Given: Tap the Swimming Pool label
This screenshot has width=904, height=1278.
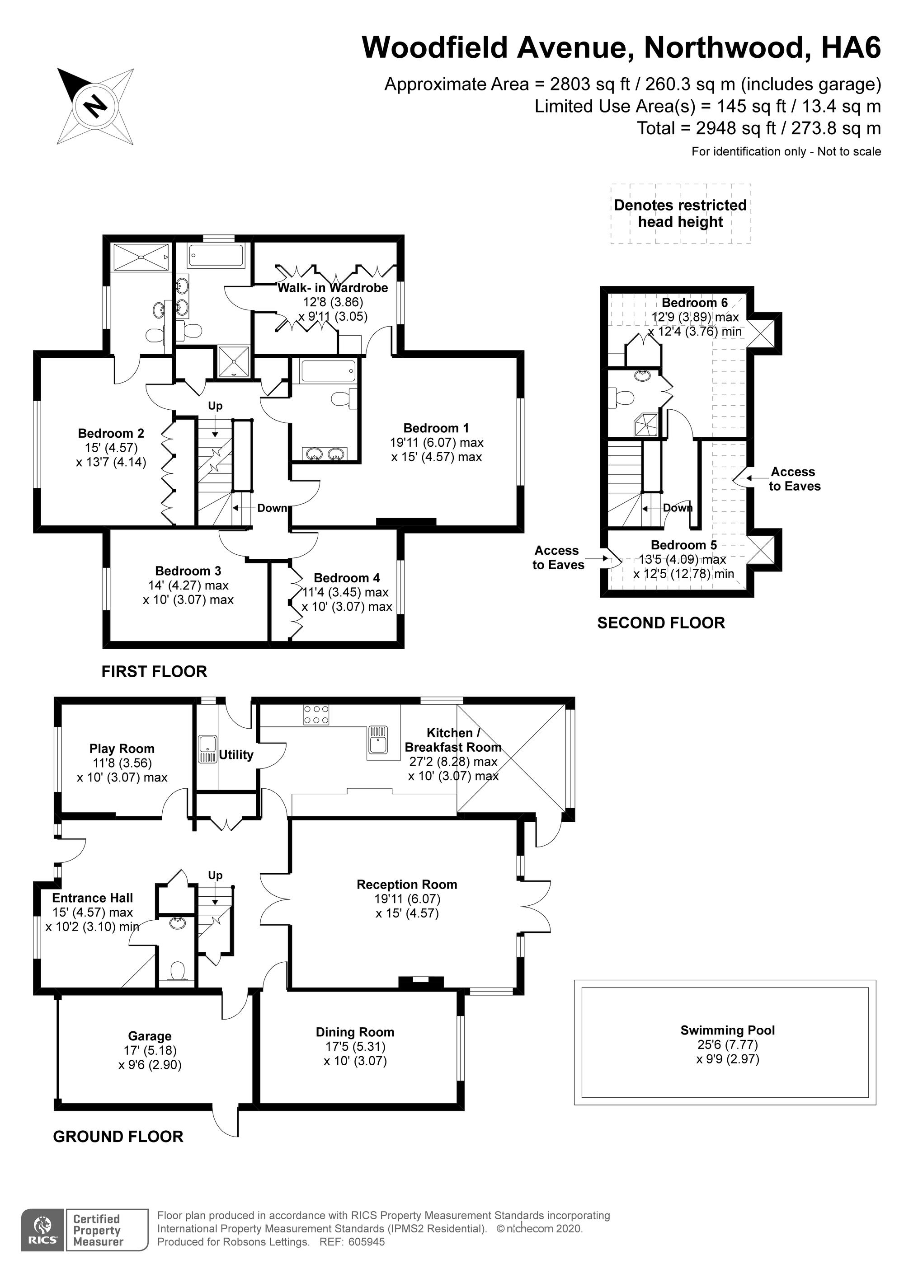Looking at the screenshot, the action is point(727,1030).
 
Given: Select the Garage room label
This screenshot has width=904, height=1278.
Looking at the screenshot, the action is point(150,1036).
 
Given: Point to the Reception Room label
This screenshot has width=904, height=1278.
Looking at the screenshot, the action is point(407,885).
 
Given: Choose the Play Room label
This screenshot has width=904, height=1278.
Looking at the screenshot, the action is point(122,749).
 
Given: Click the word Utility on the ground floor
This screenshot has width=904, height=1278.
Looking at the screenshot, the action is point(236,755).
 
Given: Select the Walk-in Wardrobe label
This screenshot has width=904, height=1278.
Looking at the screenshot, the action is point(333,288).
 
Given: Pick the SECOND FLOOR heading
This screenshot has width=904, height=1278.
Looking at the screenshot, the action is point(661,623).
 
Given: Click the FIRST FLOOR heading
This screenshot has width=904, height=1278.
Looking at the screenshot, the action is point(154,671).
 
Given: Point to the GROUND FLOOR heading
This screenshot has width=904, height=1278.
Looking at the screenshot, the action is point(118,1137).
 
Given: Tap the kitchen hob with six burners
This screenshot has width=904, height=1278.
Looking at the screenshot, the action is point(316,715).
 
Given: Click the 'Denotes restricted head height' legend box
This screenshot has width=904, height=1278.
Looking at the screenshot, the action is point(681,214).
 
